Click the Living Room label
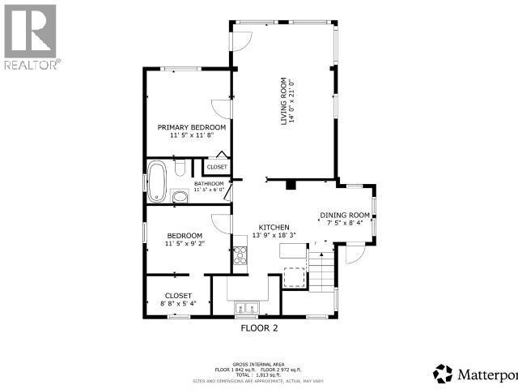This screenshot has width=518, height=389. tap(284, 101)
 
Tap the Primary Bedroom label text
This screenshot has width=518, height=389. tap(191, 127)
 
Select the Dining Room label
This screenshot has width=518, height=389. tap(345, 215)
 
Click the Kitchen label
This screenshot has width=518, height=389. tap(274, 227)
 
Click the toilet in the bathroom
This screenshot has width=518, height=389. tap(180, 168)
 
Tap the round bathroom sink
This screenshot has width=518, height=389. tap(179, 195)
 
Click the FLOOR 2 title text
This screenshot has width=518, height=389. tap(259, 328)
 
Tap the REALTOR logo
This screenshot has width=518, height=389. tap(30, 36)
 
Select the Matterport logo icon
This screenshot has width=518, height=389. tap(443, 374)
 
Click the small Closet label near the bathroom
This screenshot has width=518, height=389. tap(217, 167)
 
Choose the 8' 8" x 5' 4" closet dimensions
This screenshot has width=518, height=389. tap(178, 303)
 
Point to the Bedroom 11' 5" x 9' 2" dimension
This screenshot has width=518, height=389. tap(185, 243)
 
